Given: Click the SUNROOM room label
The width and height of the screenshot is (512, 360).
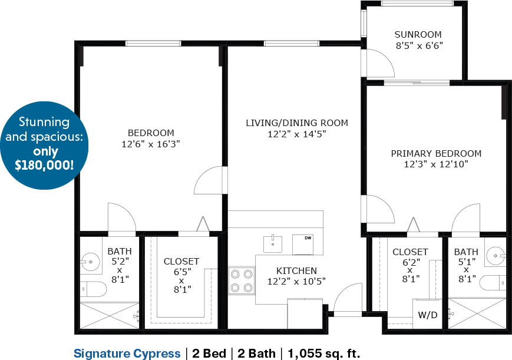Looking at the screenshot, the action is pyautogui.click(x=418, y=34).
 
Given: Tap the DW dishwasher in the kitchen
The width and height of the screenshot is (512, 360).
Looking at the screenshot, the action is pyautogui.click(x=303, y=245).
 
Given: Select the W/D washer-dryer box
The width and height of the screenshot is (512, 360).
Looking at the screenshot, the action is pyautogui.click(x=427, y=314).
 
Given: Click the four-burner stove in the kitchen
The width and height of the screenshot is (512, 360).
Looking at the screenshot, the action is pyautogui.click(x=242, y=280).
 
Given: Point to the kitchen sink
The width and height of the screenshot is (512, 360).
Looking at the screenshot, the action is pyautogui.click(x=273, y=244).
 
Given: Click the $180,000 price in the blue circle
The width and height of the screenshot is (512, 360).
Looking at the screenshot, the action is pyautogui.click(x=44, y=165).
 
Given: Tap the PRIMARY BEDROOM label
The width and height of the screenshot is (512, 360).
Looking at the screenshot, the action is pyautogui.click(x=436, y=153).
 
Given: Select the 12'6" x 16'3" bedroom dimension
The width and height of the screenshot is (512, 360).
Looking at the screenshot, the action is pyautogui.click(x=151, y=144).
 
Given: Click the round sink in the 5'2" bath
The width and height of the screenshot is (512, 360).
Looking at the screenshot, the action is pyautogui.click(x=91, y=262).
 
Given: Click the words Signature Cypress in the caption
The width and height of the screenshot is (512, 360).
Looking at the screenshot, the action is pyautogui.click(x=127, y=354).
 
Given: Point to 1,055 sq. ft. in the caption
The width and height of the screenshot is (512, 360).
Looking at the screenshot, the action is pyautogui.click(x=324, y=353).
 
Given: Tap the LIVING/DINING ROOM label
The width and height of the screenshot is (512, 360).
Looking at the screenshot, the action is pyautogui.click(x=297, y=123).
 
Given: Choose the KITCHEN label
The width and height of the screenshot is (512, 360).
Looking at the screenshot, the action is pyautogui.click(x=296, y=270).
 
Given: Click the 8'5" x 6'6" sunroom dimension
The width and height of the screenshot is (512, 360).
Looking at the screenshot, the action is pyautogui.click(x=419, y=45).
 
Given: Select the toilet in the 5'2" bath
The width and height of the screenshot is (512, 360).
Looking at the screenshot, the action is pyautogui.click(x=94, y=289).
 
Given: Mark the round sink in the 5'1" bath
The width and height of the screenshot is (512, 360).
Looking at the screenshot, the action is pyautogui.click(x=496, y=256).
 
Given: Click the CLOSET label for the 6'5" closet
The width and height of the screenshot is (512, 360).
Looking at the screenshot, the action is pyautogui.click(x=181, y=262).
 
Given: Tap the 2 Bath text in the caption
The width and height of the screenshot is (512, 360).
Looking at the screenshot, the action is pyautogui.click(x=257, y=353).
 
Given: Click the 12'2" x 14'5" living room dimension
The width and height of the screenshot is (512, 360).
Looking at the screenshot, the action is pyautogui.click(x=297, y=134).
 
